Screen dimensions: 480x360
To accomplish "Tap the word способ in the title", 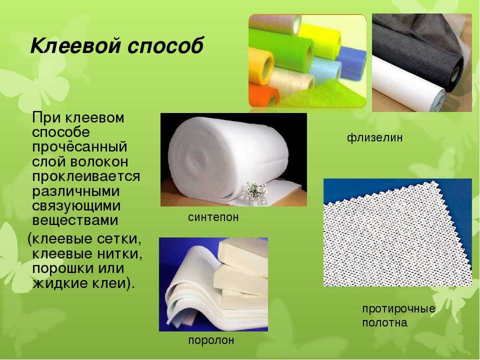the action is [x=165, y=46].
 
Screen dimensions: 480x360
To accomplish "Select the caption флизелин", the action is [x=374, y=138].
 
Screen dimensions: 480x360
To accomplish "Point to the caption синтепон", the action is [x=213, y=217].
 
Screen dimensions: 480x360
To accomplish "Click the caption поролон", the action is [x=211, y=340].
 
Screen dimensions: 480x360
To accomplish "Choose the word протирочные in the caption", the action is [x=398, y=308].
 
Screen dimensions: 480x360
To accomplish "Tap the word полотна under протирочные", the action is [x=385, y=322].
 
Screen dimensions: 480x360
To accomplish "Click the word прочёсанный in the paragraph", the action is [x=79, y=147].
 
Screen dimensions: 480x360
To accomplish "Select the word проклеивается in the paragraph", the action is [x=86, y=176].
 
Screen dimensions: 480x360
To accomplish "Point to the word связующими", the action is [x=76, y=206].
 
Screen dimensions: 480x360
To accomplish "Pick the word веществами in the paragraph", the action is [x=75, y=220].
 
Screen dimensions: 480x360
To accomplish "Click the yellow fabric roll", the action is [x=318, y=40].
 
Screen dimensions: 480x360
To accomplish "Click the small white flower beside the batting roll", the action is [x=255, y=192].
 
